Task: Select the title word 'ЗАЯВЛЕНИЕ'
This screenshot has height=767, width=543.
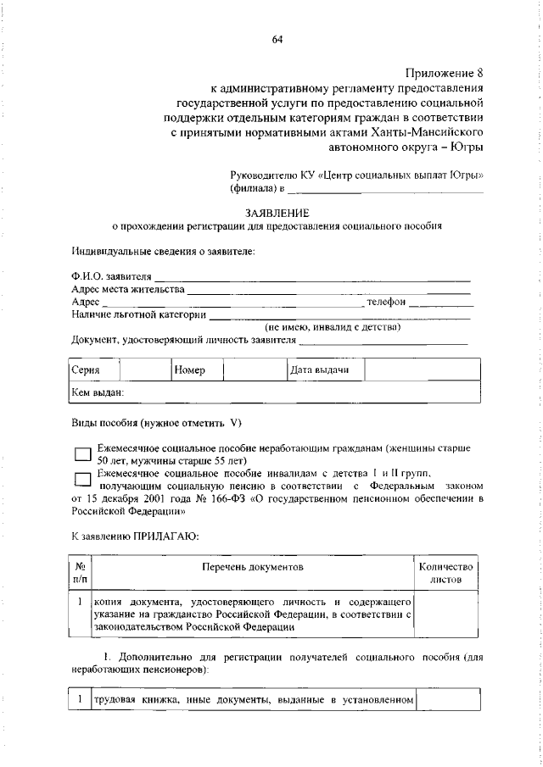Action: pyautogui.click(x=277, y=213)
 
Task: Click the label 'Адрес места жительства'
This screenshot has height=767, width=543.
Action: pyautogui.click(x=128, y=289)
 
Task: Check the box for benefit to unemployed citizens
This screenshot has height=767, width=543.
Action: pyautogui.click(x=82, y=455)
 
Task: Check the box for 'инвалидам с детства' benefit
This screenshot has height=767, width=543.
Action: pyautogui.click(x=82, y=480)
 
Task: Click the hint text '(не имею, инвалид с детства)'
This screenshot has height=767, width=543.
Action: pyautogui.click(x=333, y=326)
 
